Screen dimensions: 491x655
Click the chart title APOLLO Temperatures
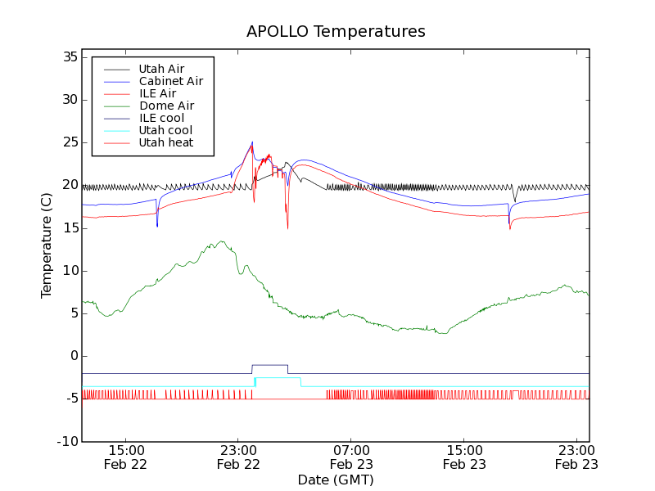click(x=336, y=32)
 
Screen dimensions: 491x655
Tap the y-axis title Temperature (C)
click(x=47, y=245)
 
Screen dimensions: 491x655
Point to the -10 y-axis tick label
click(x=65, y=441)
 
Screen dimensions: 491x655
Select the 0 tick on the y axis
click(x=73, y=356)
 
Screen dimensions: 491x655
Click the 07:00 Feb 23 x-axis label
click(x=351, y=457)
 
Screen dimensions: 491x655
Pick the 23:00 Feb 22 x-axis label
click(x=238, y=457)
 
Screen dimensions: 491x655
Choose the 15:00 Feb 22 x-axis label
click(x=126, y=457)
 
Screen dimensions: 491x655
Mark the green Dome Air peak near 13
click(x=220, y=242)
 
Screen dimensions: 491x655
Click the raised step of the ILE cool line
click(x=269, y=365)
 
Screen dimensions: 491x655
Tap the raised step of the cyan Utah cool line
click(x=278, y=378)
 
